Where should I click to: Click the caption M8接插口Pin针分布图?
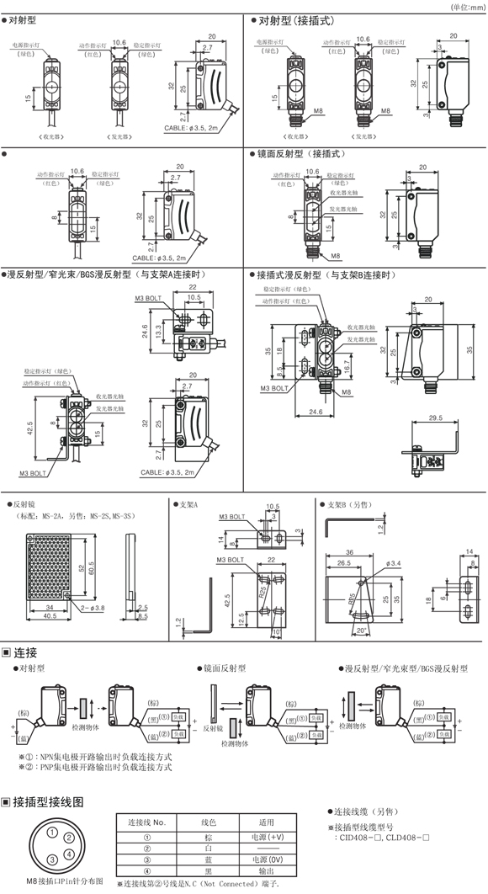65,881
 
